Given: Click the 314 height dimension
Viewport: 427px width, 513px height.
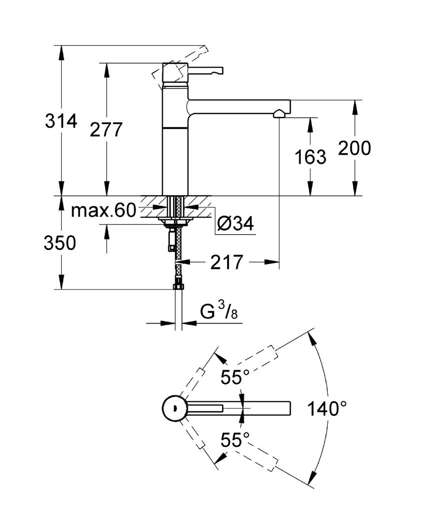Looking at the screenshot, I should pos(61,121).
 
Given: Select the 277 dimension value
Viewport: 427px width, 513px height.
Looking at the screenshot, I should pos(106,130).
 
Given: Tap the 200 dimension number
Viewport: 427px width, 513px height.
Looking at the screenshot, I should pos(355,148).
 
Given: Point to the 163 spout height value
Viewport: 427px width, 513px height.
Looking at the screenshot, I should pos(310,157).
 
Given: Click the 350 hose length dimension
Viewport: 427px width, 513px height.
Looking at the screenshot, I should pos(60,243).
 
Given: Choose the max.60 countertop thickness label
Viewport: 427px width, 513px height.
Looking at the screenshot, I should pos(103,210).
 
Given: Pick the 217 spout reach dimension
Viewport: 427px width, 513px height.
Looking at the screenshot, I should pos(226,262).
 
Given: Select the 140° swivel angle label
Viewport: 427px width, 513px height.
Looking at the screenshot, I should pos(327,409).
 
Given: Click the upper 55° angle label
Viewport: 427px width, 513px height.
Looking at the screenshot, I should pos(235,377).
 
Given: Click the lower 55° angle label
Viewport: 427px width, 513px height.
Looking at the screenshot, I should pos(235,440).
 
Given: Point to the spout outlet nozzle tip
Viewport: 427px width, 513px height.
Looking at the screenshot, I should pos(279,115).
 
